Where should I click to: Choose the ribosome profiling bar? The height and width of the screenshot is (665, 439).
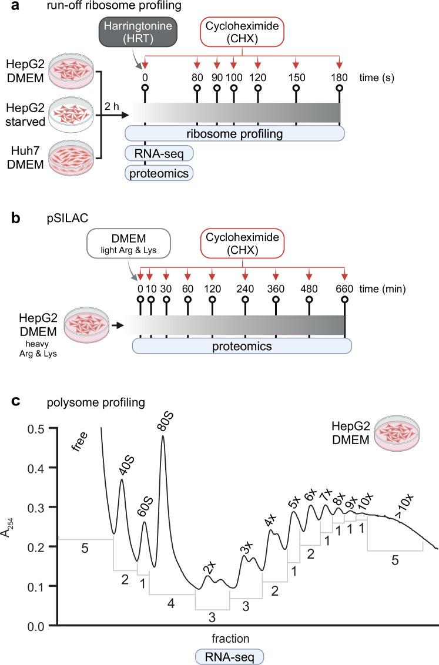tap(234, 134)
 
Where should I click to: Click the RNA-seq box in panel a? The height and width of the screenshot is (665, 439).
tap(159, 153)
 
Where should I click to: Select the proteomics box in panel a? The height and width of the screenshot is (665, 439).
tap(159, 172)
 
